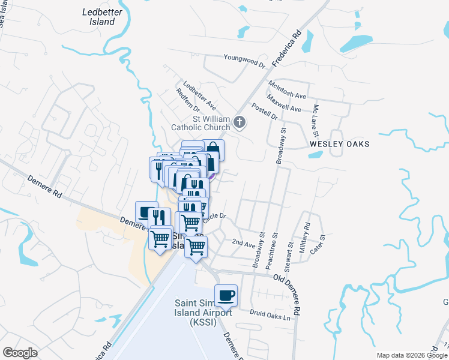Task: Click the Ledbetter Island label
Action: (98, 16)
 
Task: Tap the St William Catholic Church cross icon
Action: (240, 123)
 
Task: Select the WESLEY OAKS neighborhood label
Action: (340, 144)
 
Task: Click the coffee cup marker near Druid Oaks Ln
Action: (226, 295)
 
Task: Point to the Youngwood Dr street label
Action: (244, 61)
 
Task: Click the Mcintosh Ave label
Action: (288, 90)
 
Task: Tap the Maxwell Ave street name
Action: (284, 104)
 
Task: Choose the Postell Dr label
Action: (265, 111)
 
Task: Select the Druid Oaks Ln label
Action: (274, 314)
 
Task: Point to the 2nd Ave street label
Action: (244, 243)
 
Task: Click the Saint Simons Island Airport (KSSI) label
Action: (203, 313)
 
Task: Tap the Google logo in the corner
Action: (20, 353)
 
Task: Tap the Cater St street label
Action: (321, 246)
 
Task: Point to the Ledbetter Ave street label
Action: (200, 95)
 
